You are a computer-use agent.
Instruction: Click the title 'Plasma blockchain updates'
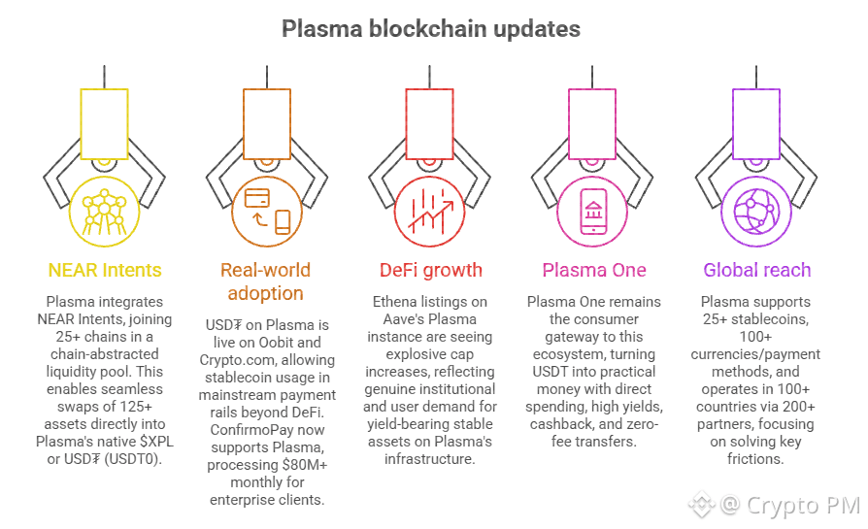(x=431, y=28)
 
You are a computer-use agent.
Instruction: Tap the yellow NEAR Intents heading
(x=105, y=270)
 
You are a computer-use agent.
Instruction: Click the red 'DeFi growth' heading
(x=430, y=270)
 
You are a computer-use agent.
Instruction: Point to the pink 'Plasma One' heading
(x=594, y=270)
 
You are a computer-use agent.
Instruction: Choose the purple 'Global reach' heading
(x=757, y=270)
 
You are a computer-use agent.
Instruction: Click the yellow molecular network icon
(x=105, y=212)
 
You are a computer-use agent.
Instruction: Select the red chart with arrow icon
(x=430, y=211)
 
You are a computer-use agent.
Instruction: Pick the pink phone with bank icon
(x=594, y=211)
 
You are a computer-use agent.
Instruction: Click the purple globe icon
(x=757, y=211)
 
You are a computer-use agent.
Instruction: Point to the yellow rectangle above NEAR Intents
(x=105, y=123)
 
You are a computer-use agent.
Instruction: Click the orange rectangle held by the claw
(x=268, y=123)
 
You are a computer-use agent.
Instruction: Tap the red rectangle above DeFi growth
(x=430, y=123)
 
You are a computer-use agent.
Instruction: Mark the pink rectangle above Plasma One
(x=594, y=123)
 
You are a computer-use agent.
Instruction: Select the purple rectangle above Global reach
(x=757, y=123)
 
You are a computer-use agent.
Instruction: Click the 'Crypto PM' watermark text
(x=798, y=505)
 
